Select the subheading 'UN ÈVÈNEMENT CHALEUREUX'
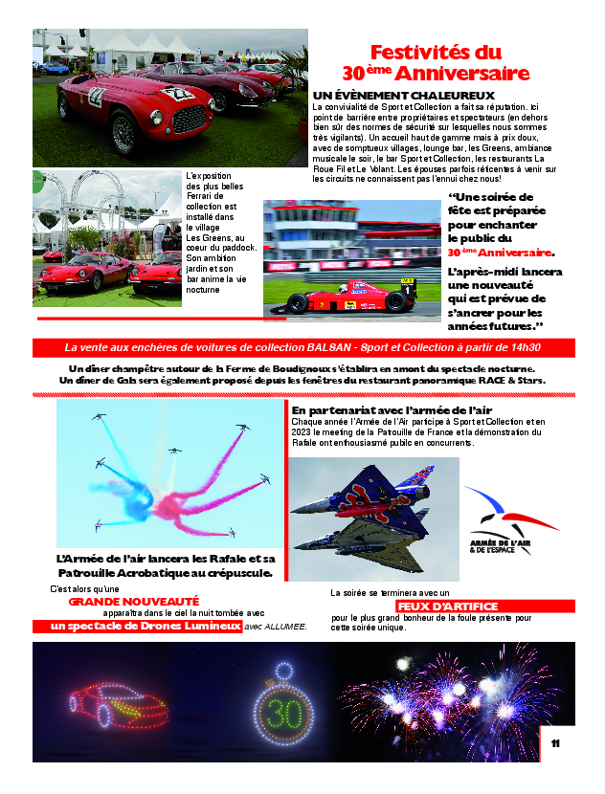point(403,96)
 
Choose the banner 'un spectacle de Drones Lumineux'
point(137,626)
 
